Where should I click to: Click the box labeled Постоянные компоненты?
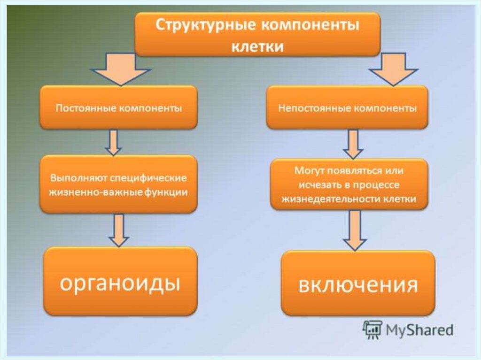118,108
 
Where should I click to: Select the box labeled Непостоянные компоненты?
347,108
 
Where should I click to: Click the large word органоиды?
120,283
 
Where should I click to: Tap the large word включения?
358,285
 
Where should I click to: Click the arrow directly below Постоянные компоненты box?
113,143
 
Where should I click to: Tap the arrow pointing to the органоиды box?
119,230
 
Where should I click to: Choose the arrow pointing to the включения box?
355,230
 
